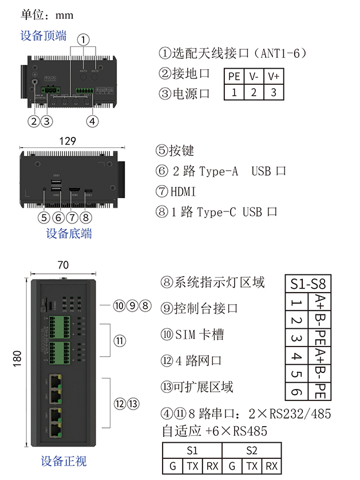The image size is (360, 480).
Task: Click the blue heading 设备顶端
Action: [x=43, y=36]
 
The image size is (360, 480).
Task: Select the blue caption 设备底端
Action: [x=69, y=234]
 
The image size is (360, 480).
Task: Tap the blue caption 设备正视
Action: [x=64, y=462]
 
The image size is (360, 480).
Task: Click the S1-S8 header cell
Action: [x=307, y=284]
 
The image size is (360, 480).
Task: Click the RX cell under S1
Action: [x=212, y=466]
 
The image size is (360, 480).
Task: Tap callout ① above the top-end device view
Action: [x=84, y=40]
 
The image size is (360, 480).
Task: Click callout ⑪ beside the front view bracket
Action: [x=120, y=341]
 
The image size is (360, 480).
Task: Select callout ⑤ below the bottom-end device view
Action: [x=45, y=218]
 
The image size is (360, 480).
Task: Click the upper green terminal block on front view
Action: [x=57, y=326]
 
